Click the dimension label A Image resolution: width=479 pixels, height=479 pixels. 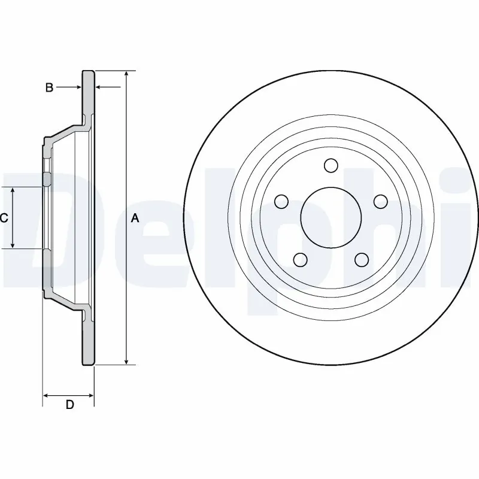tap(135, 219)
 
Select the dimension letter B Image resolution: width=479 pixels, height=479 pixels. tap(50, 88)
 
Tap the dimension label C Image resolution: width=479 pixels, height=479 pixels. tap(4, 218)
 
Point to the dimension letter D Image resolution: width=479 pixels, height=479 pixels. tap(69, 405)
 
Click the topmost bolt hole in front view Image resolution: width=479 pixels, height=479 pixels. tap(330, 165)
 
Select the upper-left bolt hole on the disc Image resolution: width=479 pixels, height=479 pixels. tap(280, 201)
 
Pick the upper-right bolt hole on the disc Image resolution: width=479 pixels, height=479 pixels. tap(380, 201)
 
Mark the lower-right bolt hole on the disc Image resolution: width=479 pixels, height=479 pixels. tap(360, 259)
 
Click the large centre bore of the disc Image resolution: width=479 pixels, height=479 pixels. tap(330, 217)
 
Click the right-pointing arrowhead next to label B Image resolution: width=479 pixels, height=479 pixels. tap(77, 88)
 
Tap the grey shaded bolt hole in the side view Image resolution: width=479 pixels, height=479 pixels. tap(47, 179)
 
